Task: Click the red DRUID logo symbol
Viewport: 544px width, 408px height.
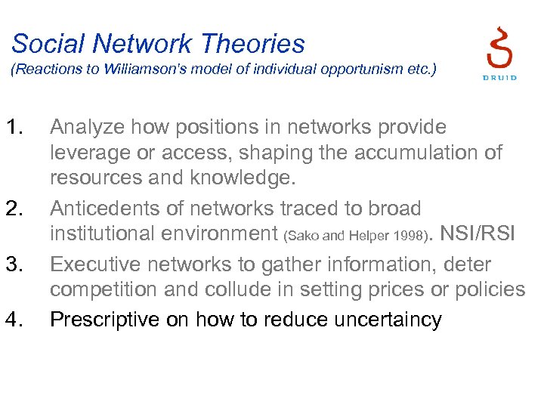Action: pyautogui.click(x=499, y=47)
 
